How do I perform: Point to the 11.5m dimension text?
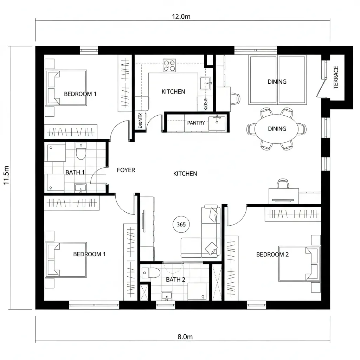point(6,175)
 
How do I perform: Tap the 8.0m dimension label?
point(185,337)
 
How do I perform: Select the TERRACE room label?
point(336,77)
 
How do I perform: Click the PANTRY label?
point(196,123)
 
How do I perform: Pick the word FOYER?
point(126,170)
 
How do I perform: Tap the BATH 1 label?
point(75,172)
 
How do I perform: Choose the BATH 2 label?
point(175,279)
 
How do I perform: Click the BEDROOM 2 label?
point(272,255)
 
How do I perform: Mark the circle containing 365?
point(181,224)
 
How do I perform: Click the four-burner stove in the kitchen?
point(169,65)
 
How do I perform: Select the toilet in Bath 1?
point(81,152)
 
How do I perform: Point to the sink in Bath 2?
point(167,296)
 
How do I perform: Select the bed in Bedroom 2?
point(299,264)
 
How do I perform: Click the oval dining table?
point(277,129)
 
